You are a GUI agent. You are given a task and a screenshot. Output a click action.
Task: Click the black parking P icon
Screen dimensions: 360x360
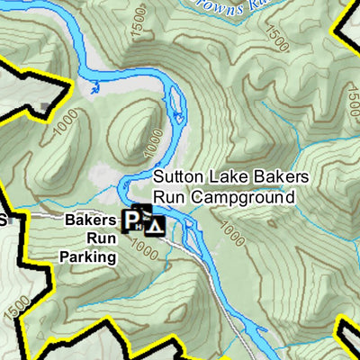pos(131,219)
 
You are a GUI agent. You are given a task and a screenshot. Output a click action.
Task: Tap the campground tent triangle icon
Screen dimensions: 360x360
pos(155,225)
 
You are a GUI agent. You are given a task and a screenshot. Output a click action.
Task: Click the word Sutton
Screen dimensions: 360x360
pos(175,177)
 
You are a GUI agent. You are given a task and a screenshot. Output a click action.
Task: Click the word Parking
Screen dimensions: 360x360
pos(89,256)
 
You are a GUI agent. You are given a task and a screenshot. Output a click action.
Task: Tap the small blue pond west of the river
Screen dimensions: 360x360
pos(94,87)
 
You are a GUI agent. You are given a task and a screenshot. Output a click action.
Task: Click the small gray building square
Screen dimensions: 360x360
pos(47,107)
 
